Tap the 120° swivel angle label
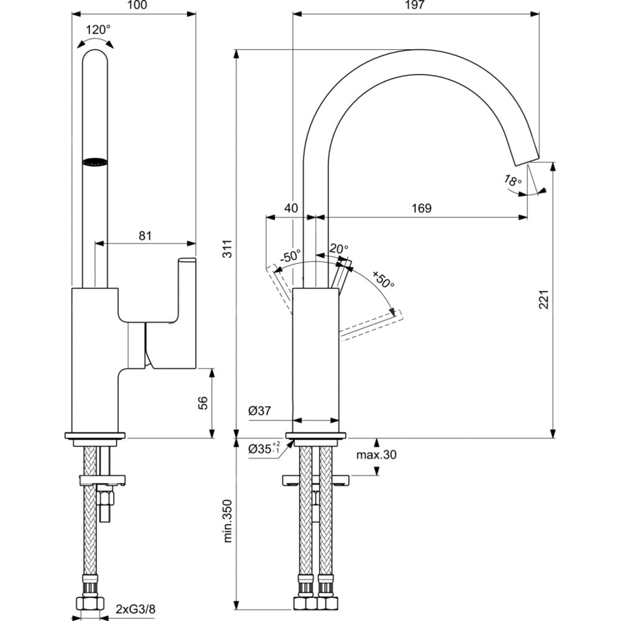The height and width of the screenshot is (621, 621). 97,29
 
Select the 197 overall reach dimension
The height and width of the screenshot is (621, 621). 415,6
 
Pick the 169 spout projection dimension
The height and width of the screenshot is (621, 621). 421,208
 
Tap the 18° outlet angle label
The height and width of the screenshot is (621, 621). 512,181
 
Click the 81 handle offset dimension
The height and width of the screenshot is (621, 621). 145,235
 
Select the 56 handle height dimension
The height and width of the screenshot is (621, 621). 202,402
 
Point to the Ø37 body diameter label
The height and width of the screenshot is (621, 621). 260,410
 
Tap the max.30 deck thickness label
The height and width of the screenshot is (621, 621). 376,455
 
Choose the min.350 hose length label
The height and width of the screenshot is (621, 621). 228,520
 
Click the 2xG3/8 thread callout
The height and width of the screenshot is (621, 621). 135,609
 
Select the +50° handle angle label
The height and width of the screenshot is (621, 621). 383,279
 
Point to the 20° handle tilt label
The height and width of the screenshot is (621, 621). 338,248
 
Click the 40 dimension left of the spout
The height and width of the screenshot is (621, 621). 291,208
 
